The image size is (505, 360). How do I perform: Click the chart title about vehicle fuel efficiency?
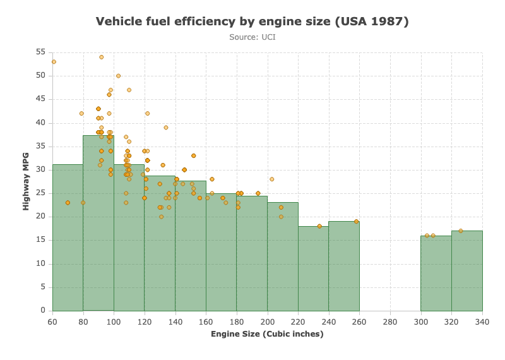click(252, 21)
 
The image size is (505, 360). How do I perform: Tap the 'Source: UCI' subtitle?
click(252, 37)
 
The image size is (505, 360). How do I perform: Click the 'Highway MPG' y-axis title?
click(26, 181)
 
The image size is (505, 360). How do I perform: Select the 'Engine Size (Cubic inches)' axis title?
click(267, 334)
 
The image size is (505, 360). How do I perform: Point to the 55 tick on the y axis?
click(40, 52)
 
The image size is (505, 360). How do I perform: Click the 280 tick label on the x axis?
click(390, 322)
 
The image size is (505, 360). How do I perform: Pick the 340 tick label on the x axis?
click(482, 322)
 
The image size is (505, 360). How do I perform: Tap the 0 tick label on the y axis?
click(43, 310)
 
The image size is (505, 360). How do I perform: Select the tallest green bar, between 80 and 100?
click(98, 223)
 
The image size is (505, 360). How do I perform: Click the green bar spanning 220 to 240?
click(313, 268)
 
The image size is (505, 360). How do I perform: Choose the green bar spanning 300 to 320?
click(436, 273)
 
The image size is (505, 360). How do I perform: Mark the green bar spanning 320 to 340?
click(467, 271)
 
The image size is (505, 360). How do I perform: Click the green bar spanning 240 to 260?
click(344, 267)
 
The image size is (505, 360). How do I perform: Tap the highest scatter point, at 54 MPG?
click(102, 57)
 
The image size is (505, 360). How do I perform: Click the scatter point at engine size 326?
click(461, 231)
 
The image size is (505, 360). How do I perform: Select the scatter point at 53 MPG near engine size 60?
click(54, 62)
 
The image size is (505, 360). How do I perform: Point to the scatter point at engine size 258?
click(356, 222)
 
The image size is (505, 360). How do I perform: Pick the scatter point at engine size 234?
click(319, 226)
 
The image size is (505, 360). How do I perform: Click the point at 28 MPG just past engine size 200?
click(272, 179)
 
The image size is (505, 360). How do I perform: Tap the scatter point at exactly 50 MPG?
click(118, 76)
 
